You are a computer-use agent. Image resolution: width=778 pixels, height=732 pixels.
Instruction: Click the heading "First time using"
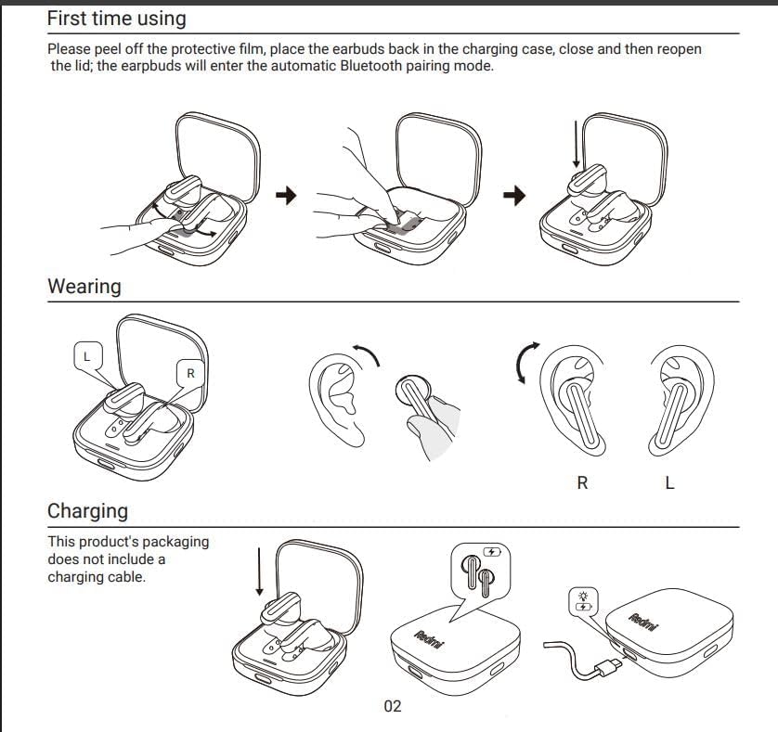coord(116,19)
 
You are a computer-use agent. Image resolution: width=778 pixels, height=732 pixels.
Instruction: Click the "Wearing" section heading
coord(84,287)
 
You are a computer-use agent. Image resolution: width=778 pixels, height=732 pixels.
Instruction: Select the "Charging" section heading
coord(88,511)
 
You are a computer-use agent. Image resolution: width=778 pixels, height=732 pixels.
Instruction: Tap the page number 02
coord(393,707)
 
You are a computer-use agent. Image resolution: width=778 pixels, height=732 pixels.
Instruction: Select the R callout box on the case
coord(190,373)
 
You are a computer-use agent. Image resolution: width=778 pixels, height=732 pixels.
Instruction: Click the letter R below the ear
coord(582,483)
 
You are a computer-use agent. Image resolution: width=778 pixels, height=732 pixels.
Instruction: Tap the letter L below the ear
coord(670,483)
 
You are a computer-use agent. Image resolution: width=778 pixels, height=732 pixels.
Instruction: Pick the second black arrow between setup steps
coord(514,195)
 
